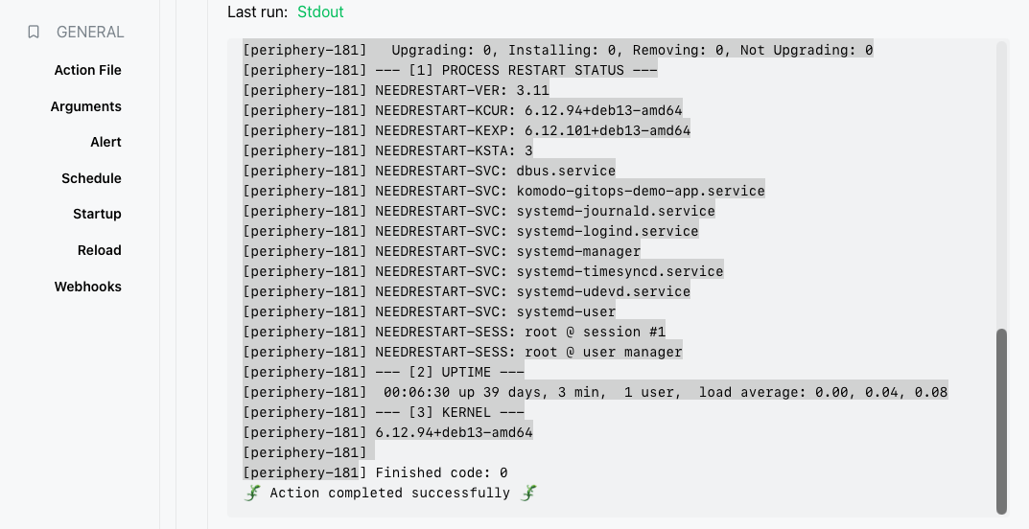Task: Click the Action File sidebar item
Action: pyautogui.click(x=88, y=70)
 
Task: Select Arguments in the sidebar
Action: pyautogui.click(x=86, y=106)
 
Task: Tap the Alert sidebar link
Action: pyautogui.click(x=105, y=142)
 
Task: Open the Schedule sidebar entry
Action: pyautogui.click(x=91, y=178)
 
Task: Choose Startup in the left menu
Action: pyautogui.click(x=97, y=214)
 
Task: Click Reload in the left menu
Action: pyautogui.click(x=99, y=250)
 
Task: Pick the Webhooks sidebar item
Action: pyautogui.click(x=88, y=287)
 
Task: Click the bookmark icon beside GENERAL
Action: pyautogui.click(x=34, y=33)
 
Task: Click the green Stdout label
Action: pyautogui.click(x=320, y=11)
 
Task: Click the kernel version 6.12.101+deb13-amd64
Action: pyautogui.click(x=607, y=130)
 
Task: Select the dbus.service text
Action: pyautogui.click(x=566, y=172)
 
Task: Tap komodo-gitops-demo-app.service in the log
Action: pyautogui.click(x=641, y=192)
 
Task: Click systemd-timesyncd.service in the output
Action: pyautogui.click(x=620, y=271)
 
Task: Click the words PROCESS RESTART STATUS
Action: pyautogui.click(x=533, y=70)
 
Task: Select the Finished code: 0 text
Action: pyautogui.click(x=442, y=472)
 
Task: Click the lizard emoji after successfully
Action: pyautogui.click(x=529, y=493)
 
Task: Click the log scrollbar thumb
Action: pyautogui.click(x=1001, y=422)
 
